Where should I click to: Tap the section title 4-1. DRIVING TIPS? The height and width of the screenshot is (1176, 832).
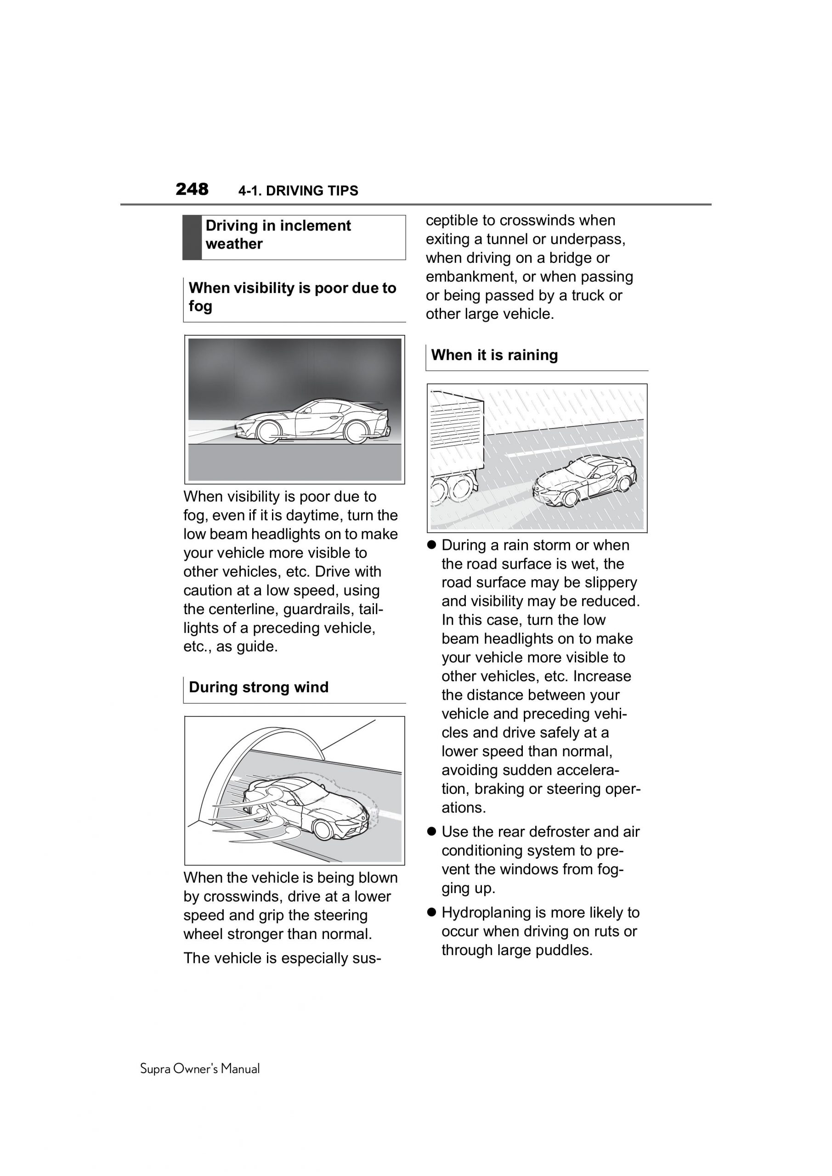298,191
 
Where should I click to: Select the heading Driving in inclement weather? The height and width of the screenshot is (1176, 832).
278,235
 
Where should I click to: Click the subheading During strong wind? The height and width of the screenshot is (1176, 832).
258,687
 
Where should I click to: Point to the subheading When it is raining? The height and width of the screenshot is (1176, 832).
494,355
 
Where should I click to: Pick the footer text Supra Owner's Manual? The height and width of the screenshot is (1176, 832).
200,1069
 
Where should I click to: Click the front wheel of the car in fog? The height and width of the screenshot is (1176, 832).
268,431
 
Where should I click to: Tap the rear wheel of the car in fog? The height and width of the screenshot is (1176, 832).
355,431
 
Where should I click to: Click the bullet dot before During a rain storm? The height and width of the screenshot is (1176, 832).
431,545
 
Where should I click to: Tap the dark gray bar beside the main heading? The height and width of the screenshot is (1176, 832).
192,237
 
